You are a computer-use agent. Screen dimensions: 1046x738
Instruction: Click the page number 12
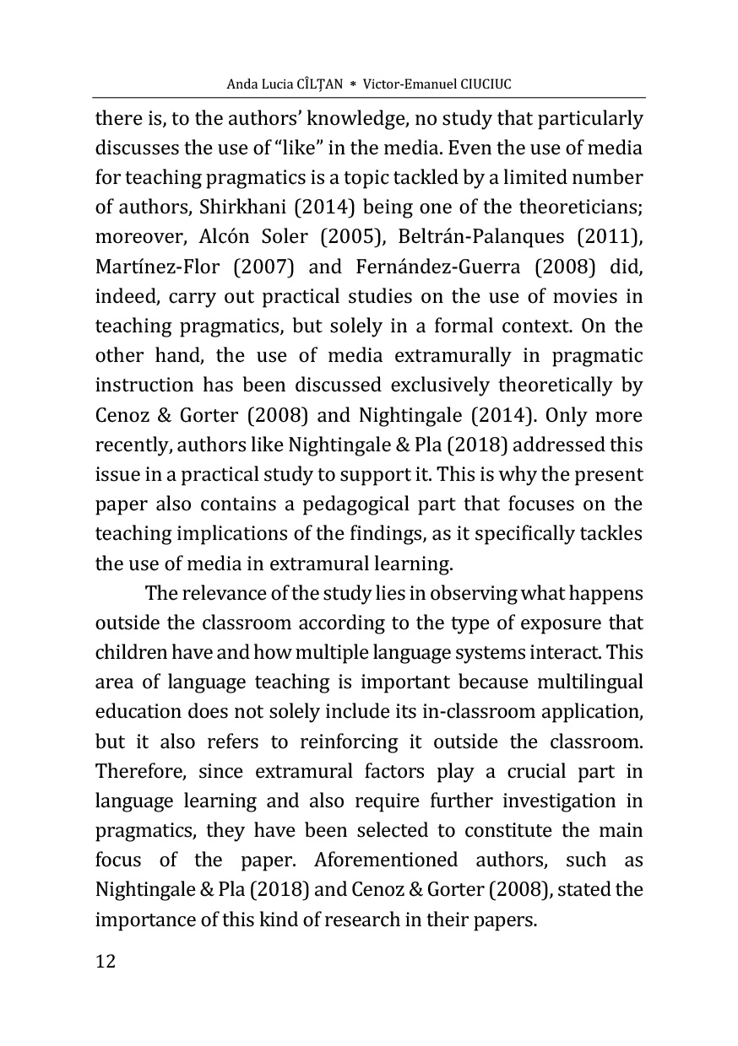click(105, 962)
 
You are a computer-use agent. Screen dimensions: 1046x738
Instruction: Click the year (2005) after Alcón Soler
click(330, 237)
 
